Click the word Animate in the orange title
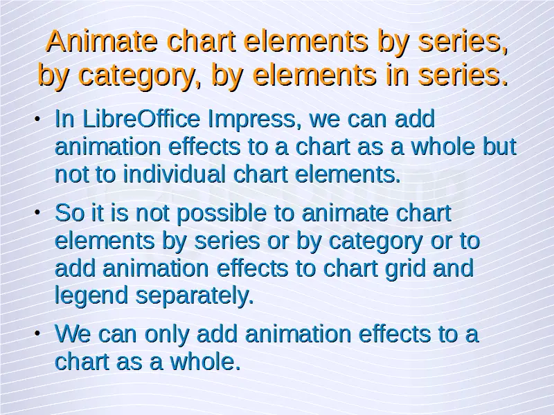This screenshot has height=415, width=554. click(x=102, y=41)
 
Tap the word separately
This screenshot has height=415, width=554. click(x=195, y=297)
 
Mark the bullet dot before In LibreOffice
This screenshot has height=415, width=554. click(x=37, y=119)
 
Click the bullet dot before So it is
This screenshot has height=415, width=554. click(x=37, y=212)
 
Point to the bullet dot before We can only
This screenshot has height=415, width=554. click(x=37, y=333)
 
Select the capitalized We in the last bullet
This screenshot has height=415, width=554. click(x=73, y=333)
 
